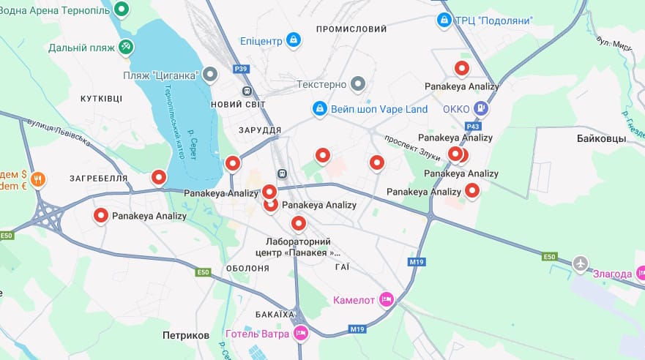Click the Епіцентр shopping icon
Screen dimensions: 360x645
coord(293,40)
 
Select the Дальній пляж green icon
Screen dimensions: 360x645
coord(127,47)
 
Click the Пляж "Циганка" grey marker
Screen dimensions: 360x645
coord(211,75)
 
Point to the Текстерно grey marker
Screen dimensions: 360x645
coord(357,84)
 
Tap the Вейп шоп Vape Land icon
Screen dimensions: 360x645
coord(319,109)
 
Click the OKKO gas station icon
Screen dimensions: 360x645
coord(480,109)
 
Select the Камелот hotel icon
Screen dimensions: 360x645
coord(387,299)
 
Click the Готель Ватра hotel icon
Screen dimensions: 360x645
coord(300,334)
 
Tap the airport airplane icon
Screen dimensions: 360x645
coord(581,263)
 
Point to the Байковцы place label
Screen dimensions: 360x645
coord(601,138)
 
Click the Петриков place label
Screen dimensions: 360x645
coord(185,335)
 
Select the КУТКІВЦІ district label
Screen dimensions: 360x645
coord(101,98)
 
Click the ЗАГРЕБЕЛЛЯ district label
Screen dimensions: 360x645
coord(98,178)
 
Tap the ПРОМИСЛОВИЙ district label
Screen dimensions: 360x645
coord(351,29)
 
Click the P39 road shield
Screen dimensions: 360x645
coord(241,69)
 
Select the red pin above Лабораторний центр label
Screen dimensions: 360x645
coord(298,223)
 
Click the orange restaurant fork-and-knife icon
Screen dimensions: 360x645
coord(38,179)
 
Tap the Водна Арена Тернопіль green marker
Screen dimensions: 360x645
coord(122,9)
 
